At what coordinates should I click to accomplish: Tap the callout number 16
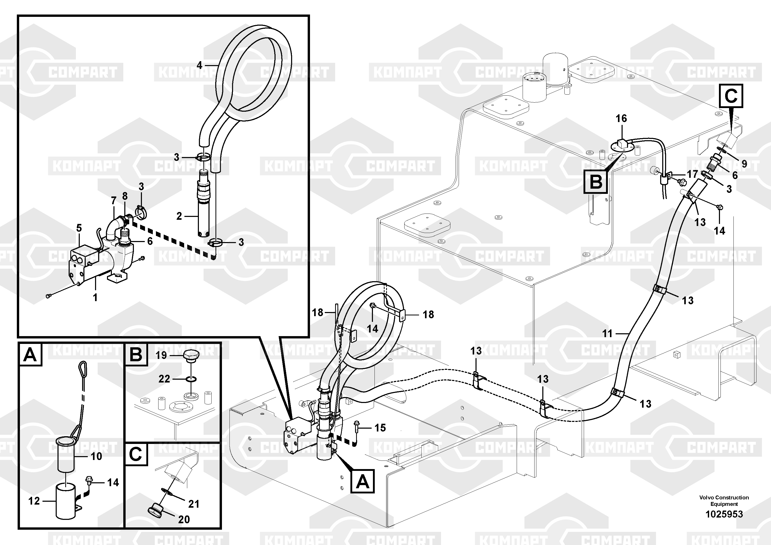(x=621, y=118)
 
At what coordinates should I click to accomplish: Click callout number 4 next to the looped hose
(x=199, y=65)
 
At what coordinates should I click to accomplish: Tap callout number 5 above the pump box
(x=79, y=228)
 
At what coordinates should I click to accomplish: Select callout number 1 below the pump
(x=95, y=297)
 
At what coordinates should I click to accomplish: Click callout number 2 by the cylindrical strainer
(x=179, y=216)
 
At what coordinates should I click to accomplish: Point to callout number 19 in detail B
(x=161, y=355)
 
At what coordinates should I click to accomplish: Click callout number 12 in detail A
(x=34, y=501)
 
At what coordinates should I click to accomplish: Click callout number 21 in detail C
(x=194, y=504)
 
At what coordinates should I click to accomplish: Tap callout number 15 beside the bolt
(x=380, y=428)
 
